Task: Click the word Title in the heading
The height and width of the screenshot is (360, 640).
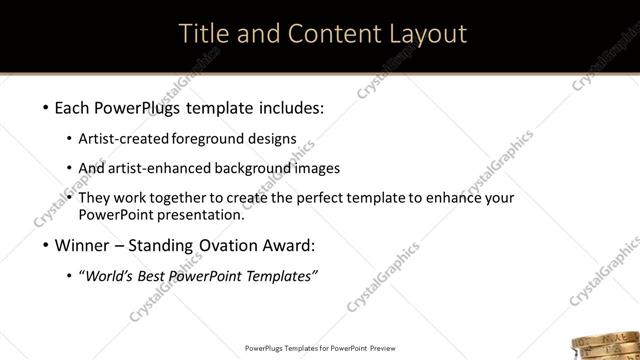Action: tap(205, 34)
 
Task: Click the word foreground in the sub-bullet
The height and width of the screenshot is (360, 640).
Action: tap(219, 139)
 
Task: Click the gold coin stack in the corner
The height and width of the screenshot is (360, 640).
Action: tap(609, 343)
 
